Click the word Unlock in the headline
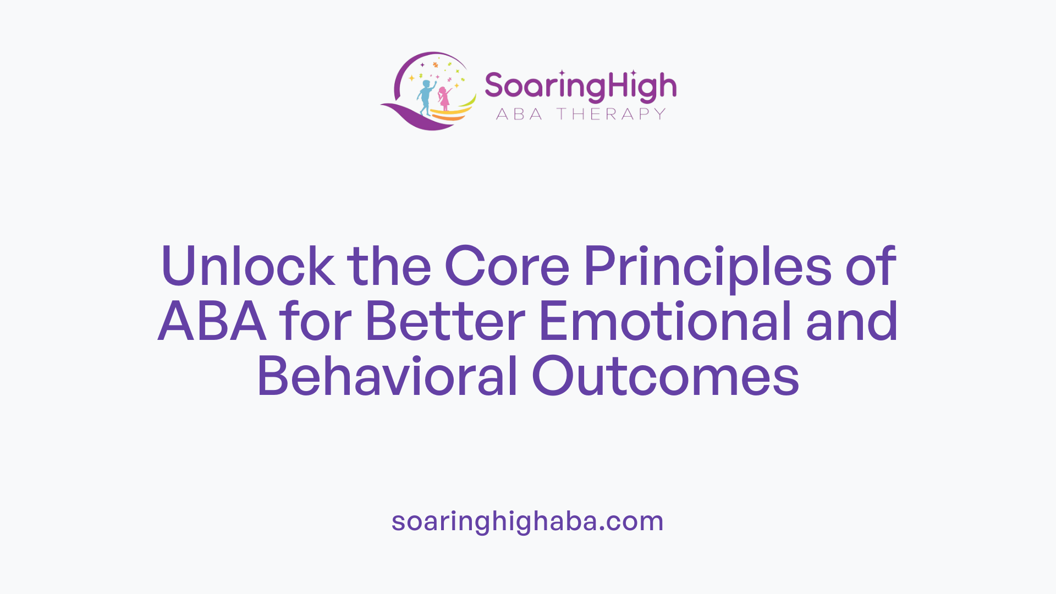248,266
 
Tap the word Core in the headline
507,266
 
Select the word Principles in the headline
707,267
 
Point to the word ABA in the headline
212,322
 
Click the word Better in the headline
445,322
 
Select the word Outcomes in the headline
665,377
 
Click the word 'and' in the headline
852,322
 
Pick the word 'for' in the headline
315,322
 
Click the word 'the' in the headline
389,266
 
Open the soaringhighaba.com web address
527,521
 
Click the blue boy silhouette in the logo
425,97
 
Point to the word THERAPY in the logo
611,114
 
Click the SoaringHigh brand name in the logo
580,87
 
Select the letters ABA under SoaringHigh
519,114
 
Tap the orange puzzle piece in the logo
436,65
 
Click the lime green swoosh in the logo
468,102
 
